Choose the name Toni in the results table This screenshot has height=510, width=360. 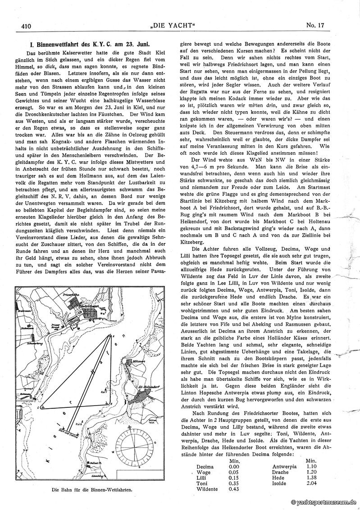(201, 483)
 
